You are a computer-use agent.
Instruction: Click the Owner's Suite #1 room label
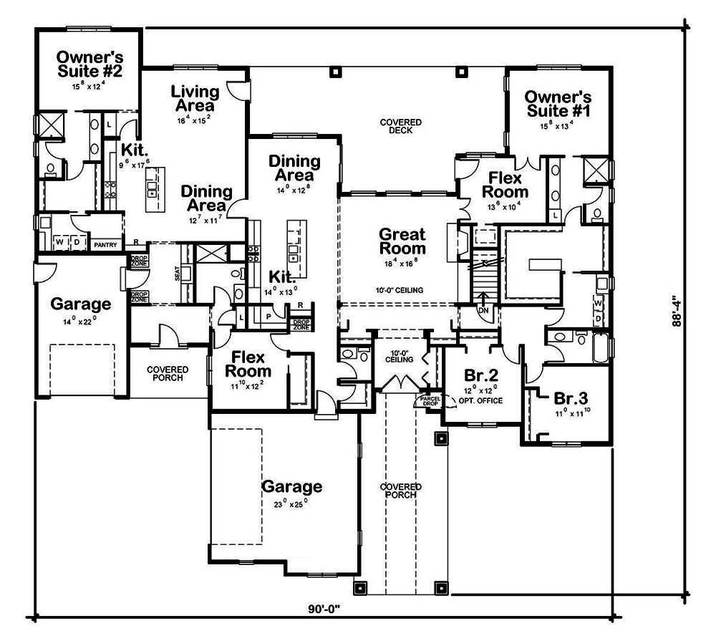(558, 103)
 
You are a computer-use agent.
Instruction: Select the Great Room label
(402, 241)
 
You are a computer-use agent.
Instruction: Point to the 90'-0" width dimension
(323, 609)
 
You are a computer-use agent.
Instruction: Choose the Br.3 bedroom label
(571, 399)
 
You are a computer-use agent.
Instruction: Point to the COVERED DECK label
(400, 126)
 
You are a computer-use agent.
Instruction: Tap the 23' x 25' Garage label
(291, 487)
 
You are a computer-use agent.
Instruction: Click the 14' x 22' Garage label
(81, 304)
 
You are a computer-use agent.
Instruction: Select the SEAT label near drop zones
(177, 274)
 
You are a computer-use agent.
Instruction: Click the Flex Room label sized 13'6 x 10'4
(505, 185)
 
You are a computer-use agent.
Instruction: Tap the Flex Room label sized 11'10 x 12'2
(248, 364)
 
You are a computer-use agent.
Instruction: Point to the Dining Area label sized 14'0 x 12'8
(291, 168)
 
